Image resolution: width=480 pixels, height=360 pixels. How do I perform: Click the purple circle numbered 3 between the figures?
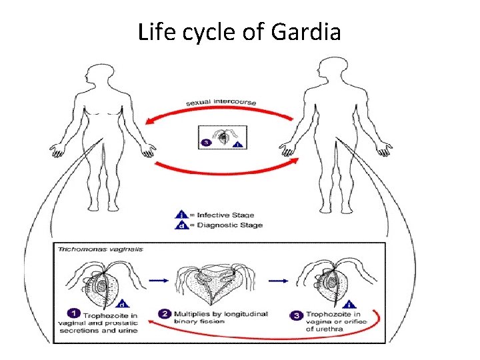coord(206,141)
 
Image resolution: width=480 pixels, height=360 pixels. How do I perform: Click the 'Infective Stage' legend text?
coord(225,215)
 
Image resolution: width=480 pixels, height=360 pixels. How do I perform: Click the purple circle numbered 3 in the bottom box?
coord(296,314)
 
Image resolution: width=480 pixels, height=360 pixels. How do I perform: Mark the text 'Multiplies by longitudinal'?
coord(220,313)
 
